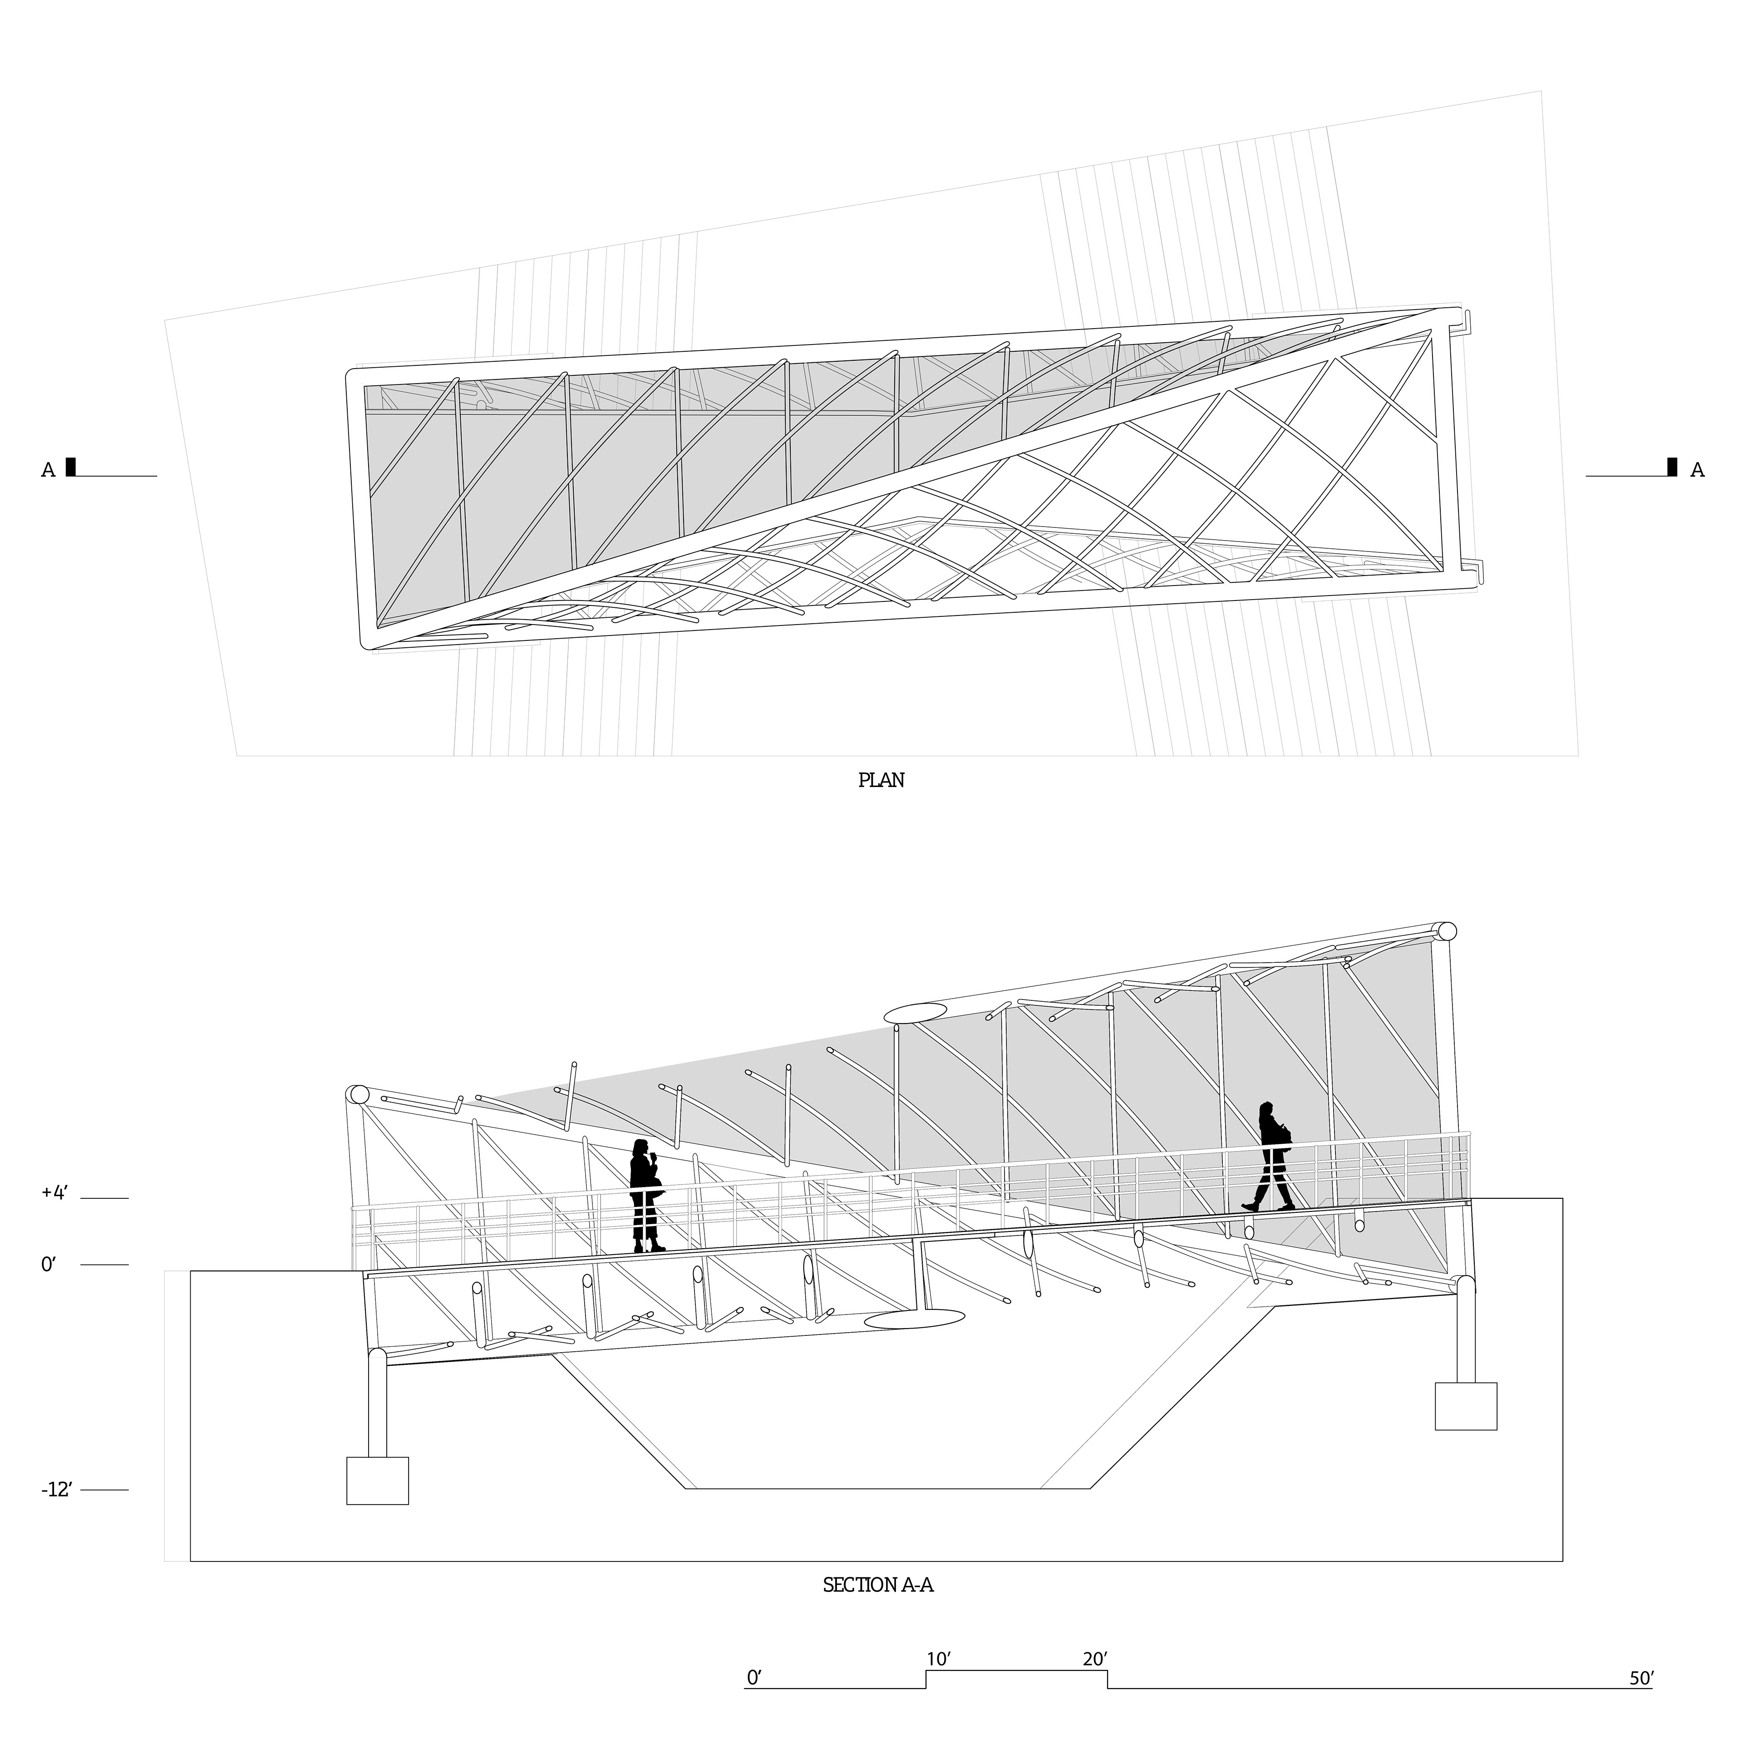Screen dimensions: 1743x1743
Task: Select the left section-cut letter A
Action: [48, 470]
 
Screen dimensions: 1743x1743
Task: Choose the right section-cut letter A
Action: [1697, 470]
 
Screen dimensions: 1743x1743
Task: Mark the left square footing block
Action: [377, 1481]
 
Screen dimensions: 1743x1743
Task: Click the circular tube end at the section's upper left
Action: [358, 1095]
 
